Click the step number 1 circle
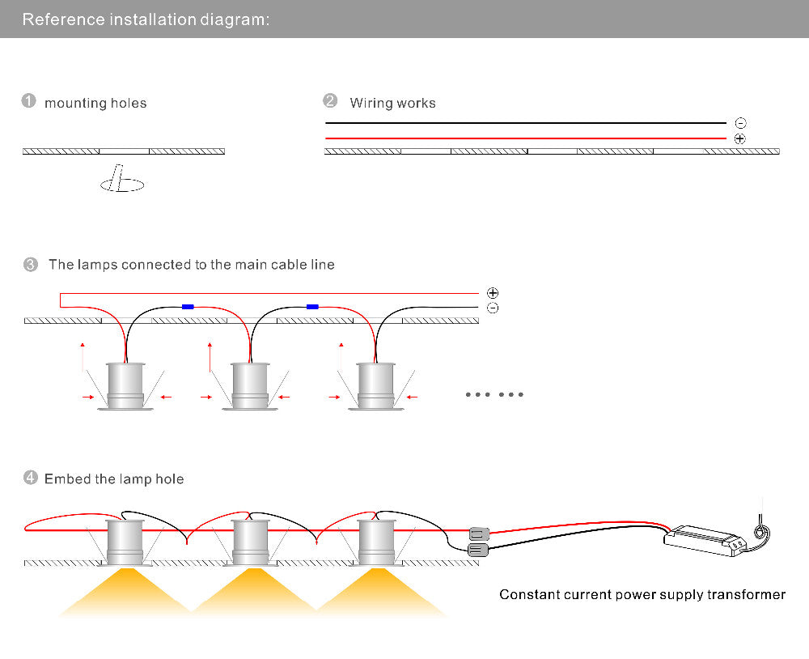29,101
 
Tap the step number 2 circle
330,101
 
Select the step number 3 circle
31,265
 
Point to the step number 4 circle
31,478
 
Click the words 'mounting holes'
95,103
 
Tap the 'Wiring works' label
392,103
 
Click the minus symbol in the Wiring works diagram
740,123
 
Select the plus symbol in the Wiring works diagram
740,139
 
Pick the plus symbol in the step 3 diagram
493,293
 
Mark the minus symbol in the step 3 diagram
493,308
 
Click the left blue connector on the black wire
188,307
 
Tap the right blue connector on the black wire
312,307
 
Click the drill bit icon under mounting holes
121,181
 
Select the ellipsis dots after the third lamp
494,394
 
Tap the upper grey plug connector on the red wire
479,534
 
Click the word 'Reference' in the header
54,19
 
